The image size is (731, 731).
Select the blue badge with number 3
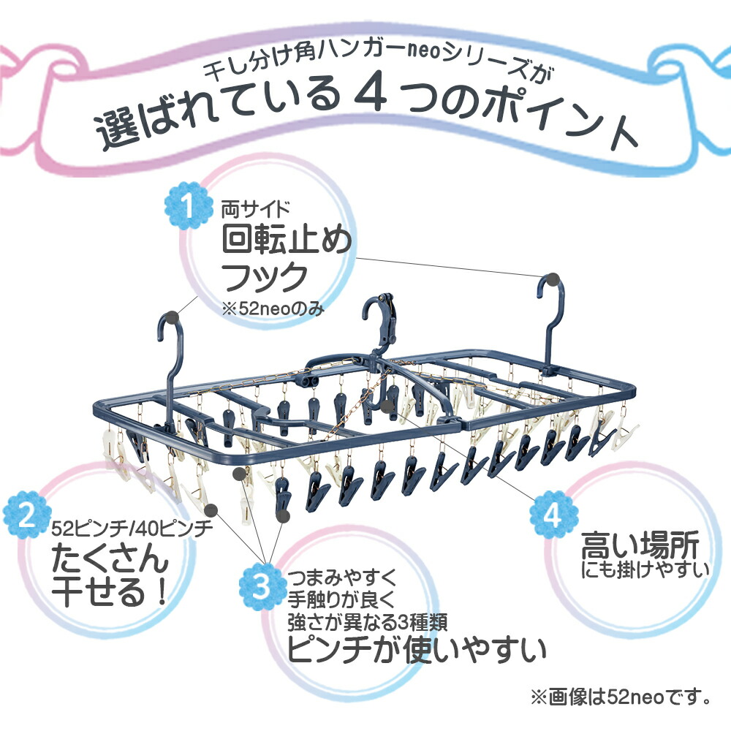click(261, 586)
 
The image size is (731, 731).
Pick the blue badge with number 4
click(550, 515)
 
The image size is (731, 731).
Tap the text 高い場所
click(640, 545)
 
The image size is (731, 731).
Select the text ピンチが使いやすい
click(416, 648)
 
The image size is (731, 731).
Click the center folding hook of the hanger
click(381, 322)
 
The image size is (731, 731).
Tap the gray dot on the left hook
click(171, 317)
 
